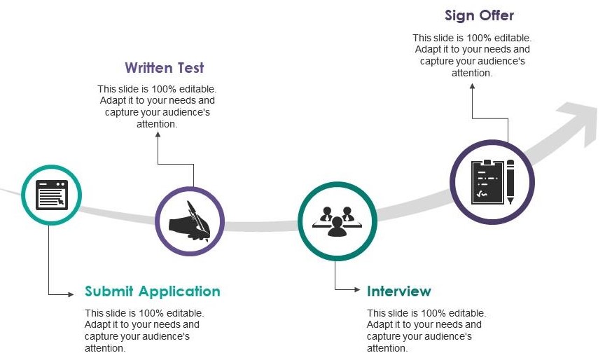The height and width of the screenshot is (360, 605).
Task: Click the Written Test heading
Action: point(165,68)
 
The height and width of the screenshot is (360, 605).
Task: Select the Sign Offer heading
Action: point(480,15)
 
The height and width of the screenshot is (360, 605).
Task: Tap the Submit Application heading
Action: point(153,291)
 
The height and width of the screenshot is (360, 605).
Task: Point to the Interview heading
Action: point(399,291)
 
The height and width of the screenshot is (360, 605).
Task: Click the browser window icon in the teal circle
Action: point(52,195)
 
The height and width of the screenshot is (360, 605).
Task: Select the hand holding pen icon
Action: point(189,221)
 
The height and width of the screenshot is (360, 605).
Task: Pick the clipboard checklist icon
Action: point(487,181)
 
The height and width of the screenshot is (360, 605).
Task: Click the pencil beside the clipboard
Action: point(510,181)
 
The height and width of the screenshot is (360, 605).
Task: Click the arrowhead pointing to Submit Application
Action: point(70,293)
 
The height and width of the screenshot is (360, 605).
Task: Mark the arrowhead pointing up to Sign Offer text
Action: point(473,86)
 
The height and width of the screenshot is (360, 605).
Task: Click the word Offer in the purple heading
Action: point(497,15)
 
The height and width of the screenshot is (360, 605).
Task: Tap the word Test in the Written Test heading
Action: point(190,68)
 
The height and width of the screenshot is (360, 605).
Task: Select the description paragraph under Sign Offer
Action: point(472,55)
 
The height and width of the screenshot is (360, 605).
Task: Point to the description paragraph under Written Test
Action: point(157,106)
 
